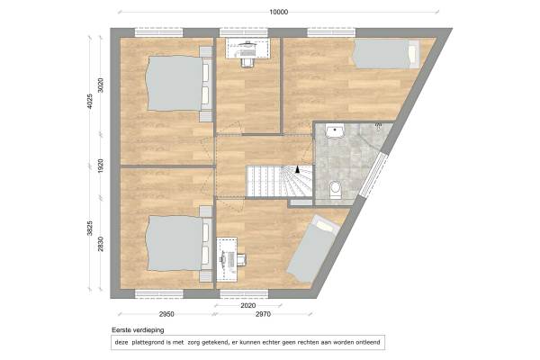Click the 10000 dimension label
[278, 13]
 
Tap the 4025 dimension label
[90, 102]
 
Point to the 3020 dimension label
[101, 85]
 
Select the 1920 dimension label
[101, 166]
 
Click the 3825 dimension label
[90, 228]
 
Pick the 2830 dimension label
[101, 244]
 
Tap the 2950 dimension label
[166, 314]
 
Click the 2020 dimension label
[248, 306]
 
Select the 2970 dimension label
[263, 314]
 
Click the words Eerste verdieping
[138, 330]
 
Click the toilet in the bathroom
[335, 190]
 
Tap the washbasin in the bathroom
[335, 131]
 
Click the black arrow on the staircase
[298, 169]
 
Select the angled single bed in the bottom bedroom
[312, 248]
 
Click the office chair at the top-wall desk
[247, 62]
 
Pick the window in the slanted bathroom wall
[373, 175]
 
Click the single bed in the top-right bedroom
[386, 54]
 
